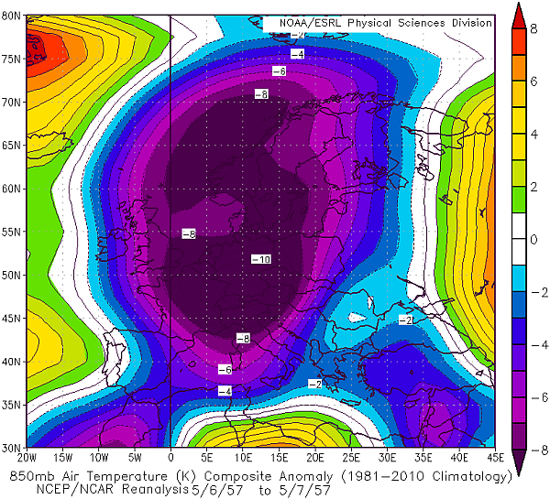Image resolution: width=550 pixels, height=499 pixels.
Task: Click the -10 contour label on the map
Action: (260, 261)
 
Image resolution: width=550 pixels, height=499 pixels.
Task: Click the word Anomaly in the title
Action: (281, 476)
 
